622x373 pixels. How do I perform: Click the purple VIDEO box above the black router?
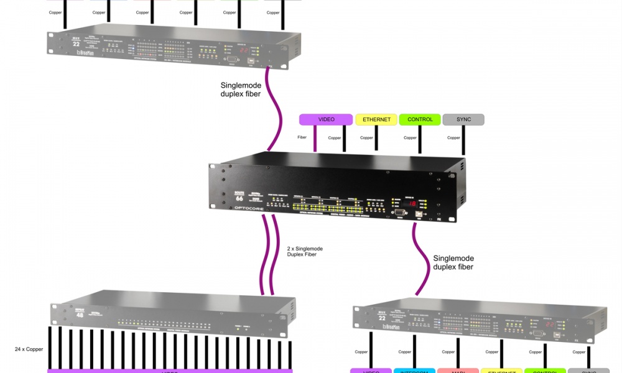point(326,119)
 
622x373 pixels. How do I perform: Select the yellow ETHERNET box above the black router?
point(376,119)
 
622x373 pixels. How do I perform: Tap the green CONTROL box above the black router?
point(419,119)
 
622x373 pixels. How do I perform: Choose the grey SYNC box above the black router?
point(463,119)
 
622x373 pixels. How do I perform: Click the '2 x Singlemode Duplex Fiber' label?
point(305,252)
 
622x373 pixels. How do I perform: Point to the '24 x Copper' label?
point(30,349)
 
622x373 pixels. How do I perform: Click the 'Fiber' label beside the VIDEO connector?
point(302,137)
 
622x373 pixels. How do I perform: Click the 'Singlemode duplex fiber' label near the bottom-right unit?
point(453,262)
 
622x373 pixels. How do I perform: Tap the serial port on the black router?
point(398,212)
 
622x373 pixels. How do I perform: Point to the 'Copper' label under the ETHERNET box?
point(366,137)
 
